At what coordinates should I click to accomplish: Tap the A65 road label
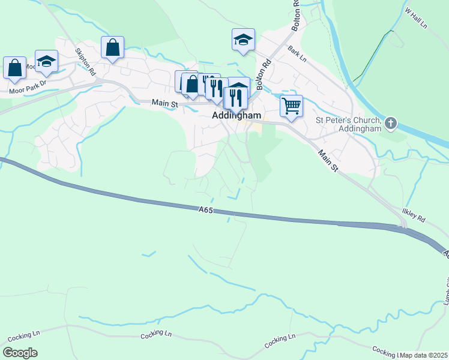(206, 209)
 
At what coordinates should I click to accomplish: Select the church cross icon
(391, 124)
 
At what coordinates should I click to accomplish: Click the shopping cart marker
(291, 106)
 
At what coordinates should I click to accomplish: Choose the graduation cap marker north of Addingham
(243, 40)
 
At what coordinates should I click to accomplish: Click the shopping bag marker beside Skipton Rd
(112, 47)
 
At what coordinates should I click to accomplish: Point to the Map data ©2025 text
(424, 355)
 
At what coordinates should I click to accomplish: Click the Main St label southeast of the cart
(328, 161)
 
